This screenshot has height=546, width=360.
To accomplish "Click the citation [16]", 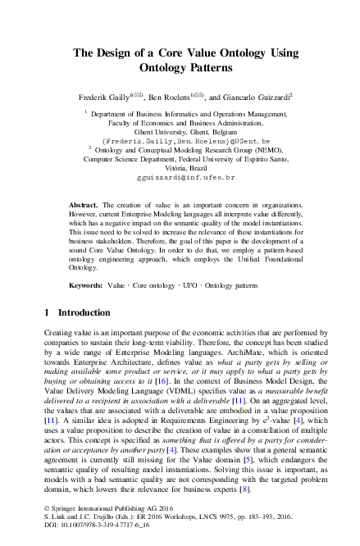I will tap(161, 381).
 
